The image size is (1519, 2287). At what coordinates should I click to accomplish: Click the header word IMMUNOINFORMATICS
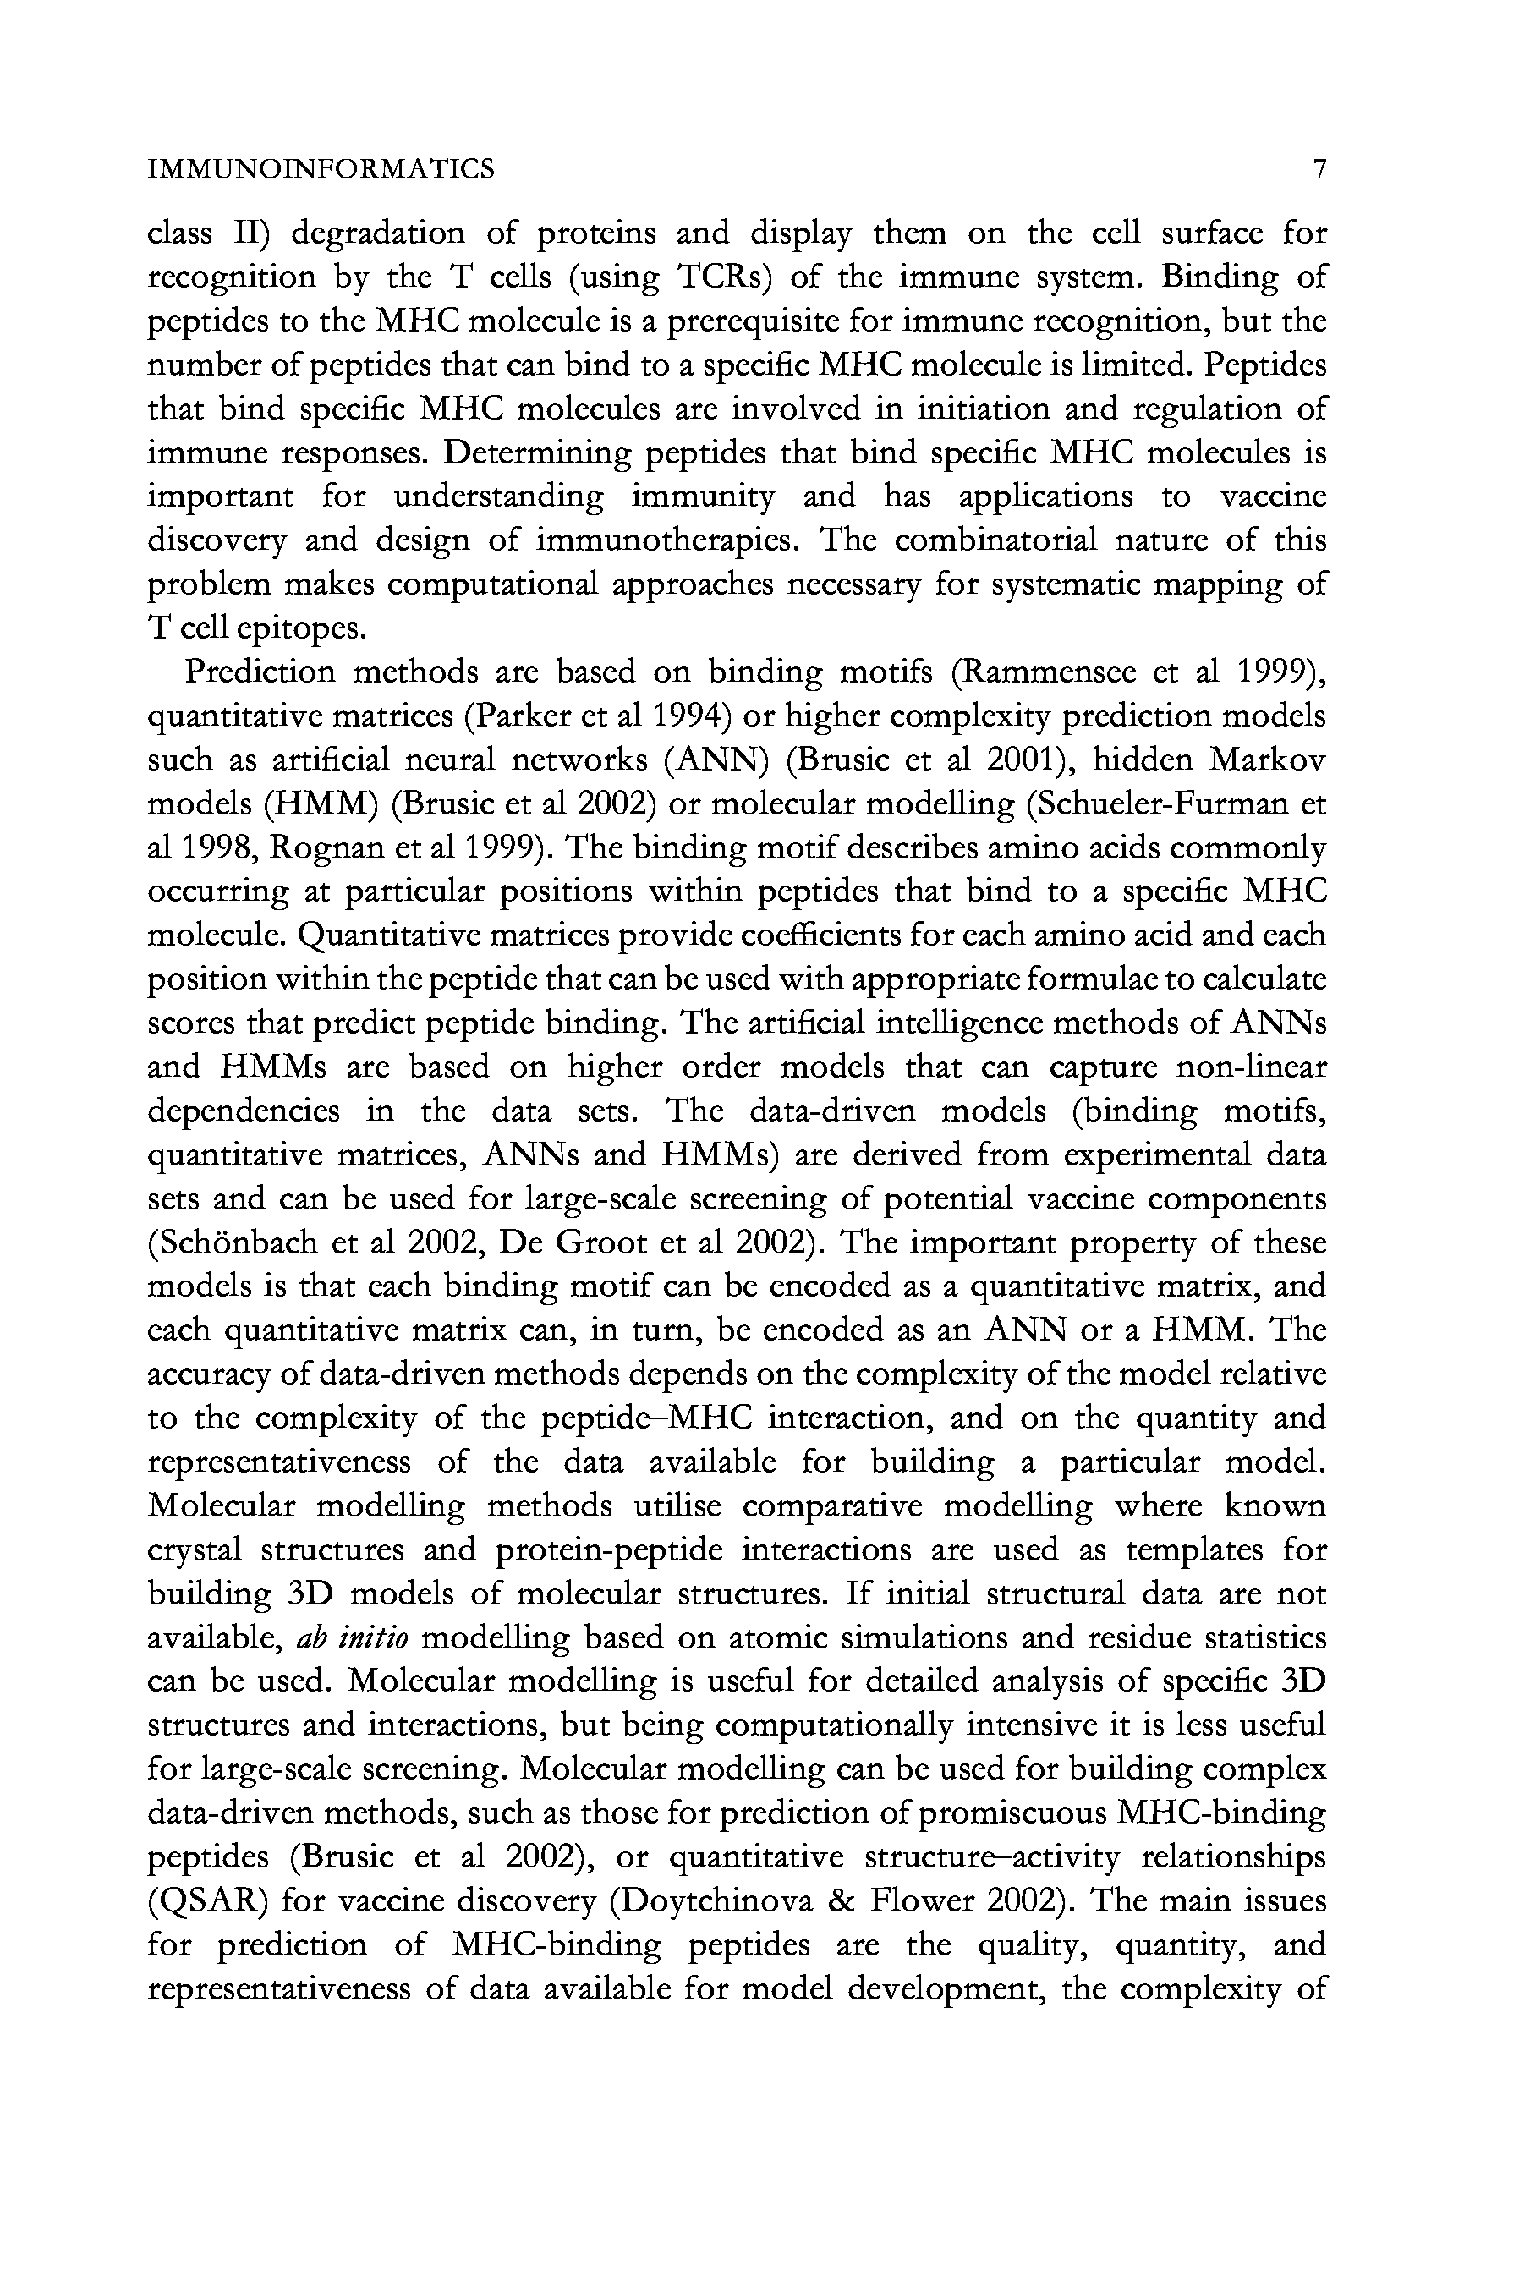(321, 169)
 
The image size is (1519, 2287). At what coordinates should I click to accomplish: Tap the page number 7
(1318, 169)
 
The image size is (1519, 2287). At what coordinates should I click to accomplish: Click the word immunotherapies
(667, 540)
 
